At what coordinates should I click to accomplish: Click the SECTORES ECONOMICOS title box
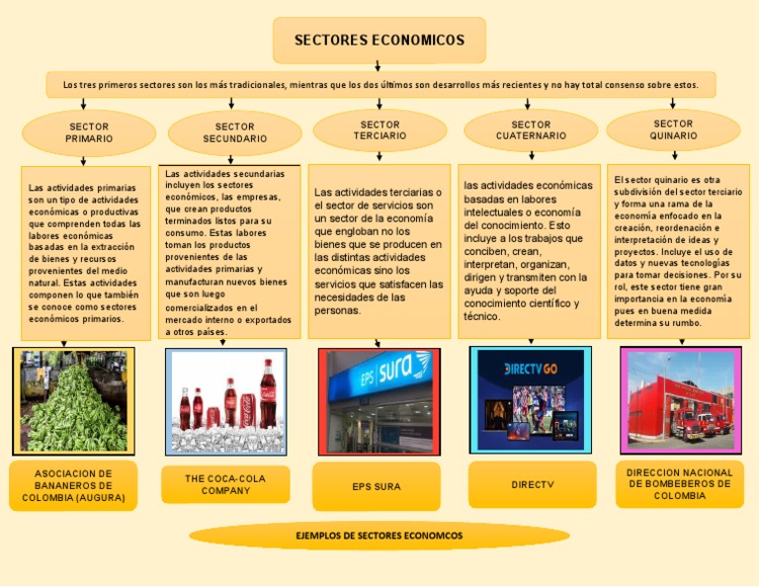click(x=379, y=41)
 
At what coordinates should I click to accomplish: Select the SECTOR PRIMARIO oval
click(x=89, y=133)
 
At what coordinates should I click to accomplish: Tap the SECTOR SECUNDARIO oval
click(x=235, y=133)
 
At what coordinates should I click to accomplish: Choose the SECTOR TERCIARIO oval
click(x=379, y=130)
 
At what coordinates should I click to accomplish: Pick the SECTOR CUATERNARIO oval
click(x=531, y=130)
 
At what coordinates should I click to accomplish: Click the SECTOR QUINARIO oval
click(x=673, y=130)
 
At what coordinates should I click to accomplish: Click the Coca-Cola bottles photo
click(x=226, y=401)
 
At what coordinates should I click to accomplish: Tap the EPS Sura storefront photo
click(x=379, y=401)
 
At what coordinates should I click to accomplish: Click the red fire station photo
click(x=679, y=399)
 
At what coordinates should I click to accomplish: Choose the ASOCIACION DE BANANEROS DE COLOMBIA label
click(x=74, y=486)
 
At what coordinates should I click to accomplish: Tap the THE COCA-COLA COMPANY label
click(x=225, y=484)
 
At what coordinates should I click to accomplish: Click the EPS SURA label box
click(x=377, y=486)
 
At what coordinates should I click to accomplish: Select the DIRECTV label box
click(x=533, y=484)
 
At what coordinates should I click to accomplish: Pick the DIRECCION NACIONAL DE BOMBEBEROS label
click(x=680, y=484)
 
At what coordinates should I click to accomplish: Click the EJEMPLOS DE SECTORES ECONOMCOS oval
click(x=379, y=536)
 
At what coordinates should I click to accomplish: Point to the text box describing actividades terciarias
click(x=379, y=251)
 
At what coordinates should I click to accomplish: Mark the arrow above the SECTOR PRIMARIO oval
click(x=84, y=103)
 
